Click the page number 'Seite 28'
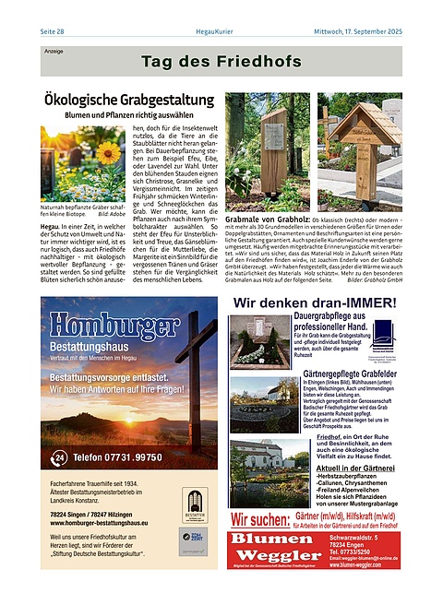click(x=53, y=32)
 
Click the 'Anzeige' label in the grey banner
click(x=54, y=52)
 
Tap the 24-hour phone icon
click(x=59, y=457)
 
